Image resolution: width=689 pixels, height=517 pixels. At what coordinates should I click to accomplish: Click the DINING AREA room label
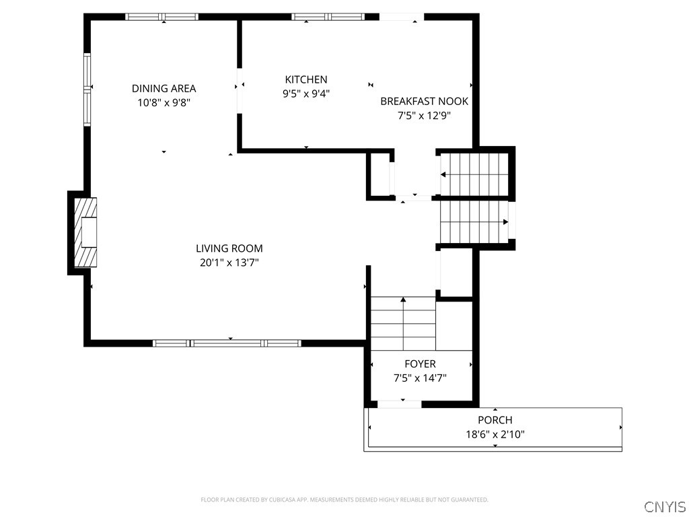(164, 88)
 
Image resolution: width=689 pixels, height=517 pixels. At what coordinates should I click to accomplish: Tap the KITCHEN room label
(306, 79)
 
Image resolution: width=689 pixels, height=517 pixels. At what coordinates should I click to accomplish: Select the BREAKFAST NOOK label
(424, 101)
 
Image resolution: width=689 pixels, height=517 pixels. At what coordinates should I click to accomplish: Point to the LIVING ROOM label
(229, 248)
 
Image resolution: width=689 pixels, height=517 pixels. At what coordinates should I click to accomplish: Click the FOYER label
(420, 364)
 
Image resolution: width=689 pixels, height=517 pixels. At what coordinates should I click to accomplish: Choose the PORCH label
(495, 420)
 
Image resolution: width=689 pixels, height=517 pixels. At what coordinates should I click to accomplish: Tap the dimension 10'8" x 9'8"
(164, 103)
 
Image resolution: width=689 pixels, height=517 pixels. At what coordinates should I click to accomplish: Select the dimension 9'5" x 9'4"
(306, 94)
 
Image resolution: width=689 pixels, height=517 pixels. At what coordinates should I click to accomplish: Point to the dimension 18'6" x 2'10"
(495, 435)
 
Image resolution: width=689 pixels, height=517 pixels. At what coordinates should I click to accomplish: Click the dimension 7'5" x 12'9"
(424, 115)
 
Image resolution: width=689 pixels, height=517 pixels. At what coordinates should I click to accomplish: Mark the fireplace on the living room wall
(84, 233)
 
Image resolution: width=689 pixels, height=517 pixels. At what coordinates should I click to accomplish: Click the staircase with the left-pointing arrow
(474, 174)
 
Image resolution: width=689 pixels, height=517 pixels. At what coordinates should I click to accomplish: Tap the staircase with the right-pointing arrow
(474, 222)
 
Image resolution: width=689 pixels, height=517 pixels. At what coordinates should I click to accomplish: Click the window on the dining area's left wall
(87, 89)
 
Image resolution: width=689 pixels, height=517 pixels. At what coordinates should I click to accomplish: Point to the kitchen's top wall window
(328, 17)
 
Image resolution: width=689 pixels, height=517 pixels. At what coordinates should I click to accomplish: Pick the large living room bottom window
(227, 343)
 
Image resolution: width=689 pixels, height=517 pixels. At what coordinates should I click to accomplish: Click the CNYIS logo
(664, 506)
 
